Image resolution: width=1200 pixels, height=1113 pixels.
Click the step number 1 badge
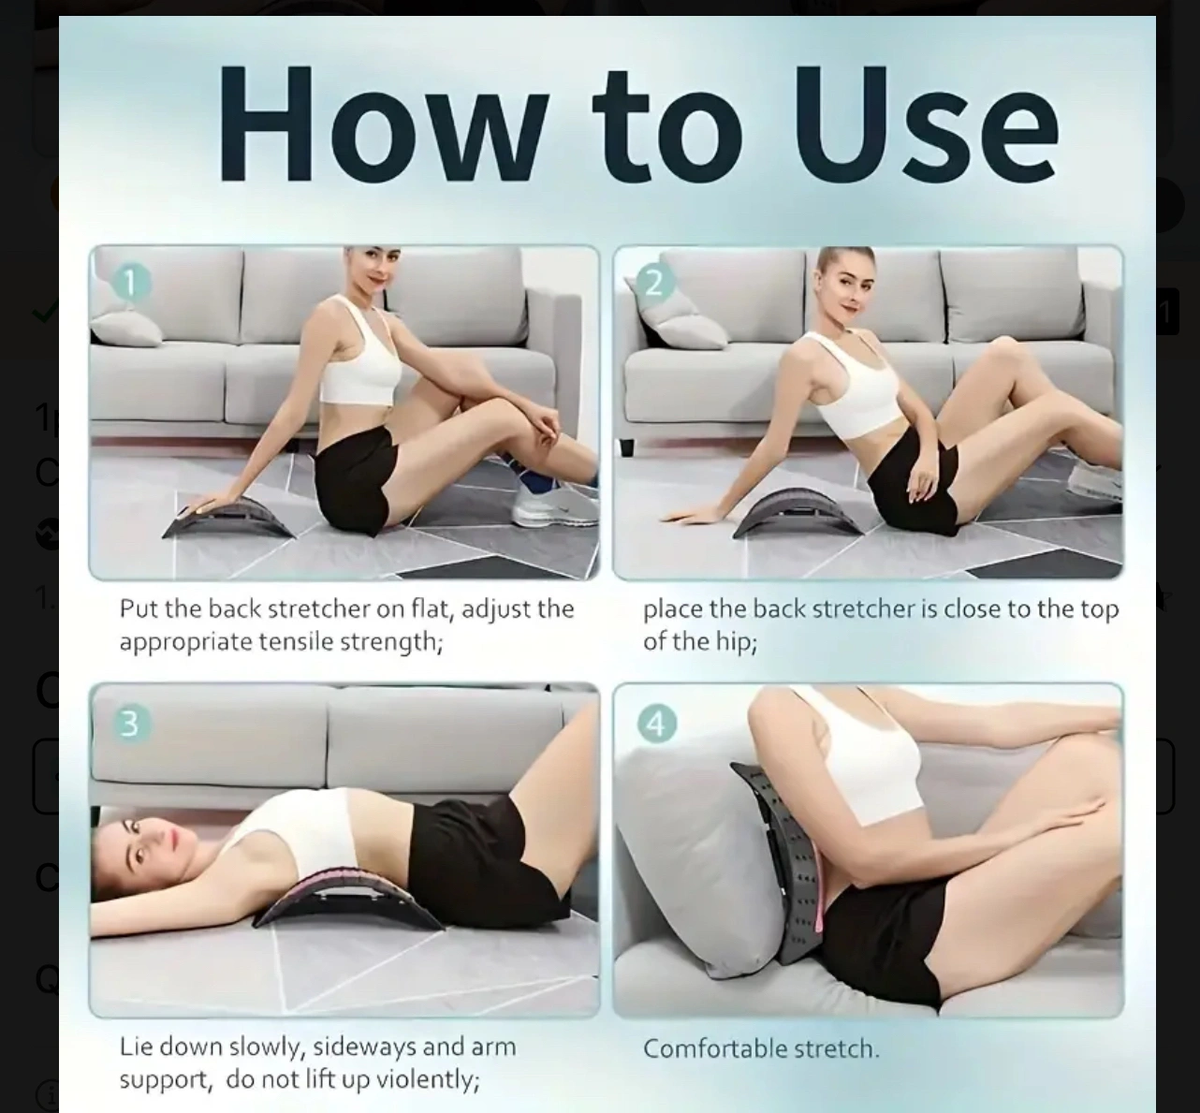[x=130, y=283]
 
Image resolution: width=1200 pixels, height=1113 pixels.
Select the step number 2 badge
[x=653, y=283]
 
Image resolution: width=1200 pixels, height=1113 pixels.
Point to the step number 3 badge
[x=130, y=723]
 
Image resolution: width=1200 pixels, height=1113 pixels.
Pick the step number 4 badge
[x=656, y=723]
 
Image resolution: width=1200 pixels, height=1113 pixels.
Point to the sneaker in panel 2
[x=1095, y=480]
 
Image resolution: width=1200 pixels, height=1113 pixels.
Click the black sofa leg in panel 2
[x=626, y=447]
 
